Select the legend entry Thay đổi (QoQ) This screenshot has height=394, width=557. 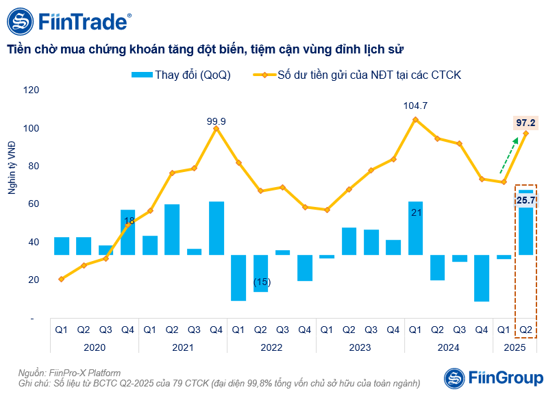click(181, 75)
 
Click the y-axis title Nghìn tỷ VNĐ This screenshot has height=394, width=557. click(12, 167)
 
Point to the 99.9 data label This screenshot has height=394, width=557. click(216, 121)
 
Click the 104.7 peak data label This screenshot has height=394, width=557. click(415, 106)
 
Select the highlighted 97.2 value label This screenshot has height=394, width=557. click(525, 123)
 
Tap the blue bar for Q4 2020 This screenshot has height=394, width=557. click(128, 232)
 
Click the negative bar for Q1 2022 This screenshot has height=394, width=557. click(238, 278)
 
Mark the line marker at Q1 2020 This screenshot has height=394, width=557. click(62, 279)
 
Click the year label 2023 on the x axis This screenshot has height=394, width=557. click(360, 347)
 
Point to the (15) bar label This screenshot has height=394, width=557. click(261, 282)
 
